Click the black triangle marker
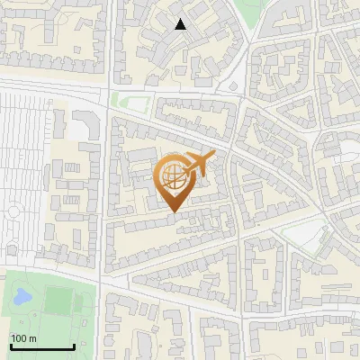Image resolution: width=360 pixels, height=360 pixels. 181,24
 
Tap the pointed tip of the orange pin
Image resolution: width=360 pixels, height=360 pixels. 173,212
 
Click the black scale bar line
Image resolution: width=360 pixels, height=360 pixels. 41,347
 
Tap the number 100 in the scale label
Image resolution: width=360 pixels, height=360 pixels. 18,338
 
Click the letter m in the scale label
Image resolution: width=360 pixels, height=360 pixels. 31,338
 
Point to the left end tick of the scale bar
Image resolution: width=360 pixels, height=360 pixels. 10,346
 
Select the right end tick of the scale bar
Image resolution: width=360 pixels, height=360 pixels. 74,346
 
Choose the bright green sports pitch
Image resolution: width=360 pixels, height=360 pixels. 58,299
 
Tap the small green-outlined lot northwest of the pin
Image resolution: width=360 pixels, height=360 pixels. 130,102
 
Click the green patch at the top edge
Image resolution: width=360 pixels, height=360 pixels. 251,11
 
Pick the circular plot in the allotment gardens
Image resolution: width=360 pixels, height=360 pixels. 13,212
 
